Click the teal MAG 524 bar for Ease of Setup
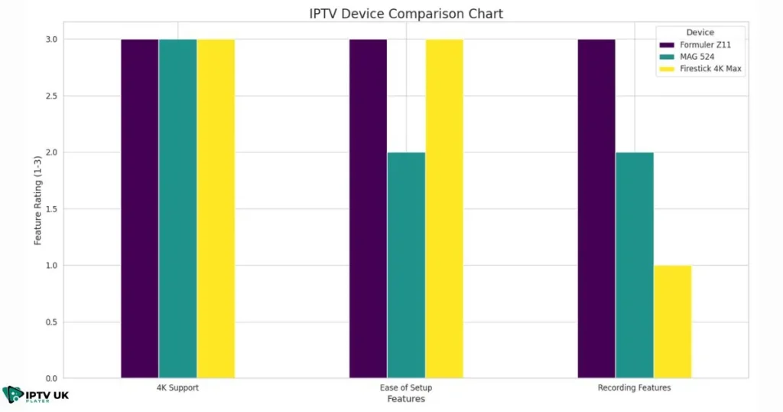[406, 265]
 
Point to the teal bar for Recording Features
[635, 265]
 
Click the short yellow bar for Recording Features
[672, 322]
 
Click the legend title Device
[700, 33]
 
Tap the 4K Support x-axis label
[177, 387]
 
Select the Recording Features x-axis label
[634, 387]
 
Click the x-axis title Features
[405, 399]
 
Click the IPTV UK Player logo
[36, 396]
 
